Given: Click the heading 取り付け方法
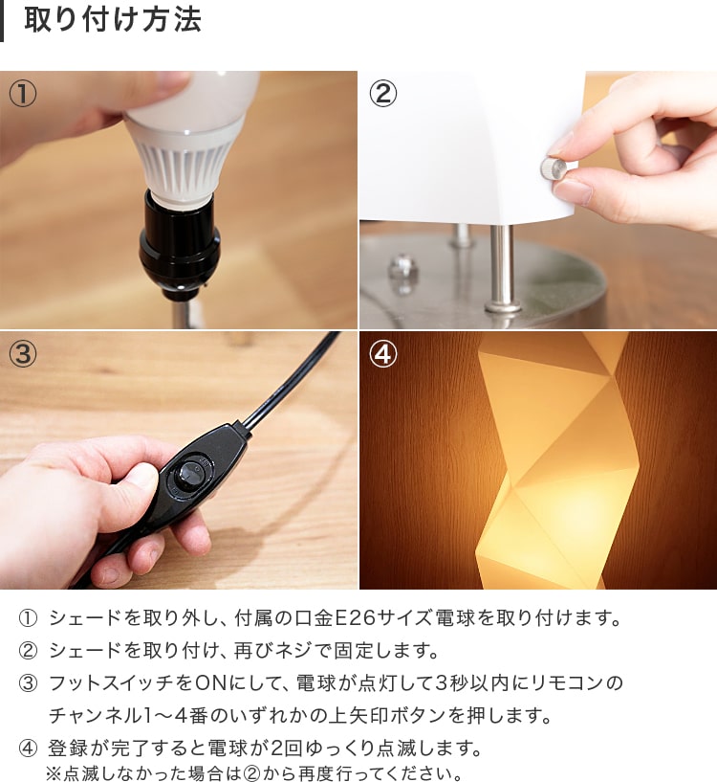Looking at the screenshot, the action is coord(113,20).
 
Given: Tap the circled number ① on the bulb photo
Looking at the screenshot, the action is coord(23,94).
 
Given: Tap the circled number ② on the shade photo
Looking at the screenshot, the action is coord(382,94).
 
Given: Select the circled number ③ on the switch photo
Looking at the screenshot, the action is coord(23,354).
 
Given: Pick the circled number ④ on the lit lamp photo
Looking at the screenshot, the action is coord(382,354).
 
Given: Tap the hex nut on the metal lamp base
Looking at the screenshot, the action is coord(402,268).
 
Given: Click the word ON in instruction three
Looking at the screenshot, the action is coord(210,682).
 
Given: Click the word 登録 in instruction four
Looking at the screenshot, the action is coord(67,748).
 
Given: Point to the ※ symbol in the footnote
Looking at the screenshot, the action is coord(54,773).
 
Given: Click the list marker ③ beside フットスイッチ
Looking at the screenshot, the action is coord(28,683).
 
